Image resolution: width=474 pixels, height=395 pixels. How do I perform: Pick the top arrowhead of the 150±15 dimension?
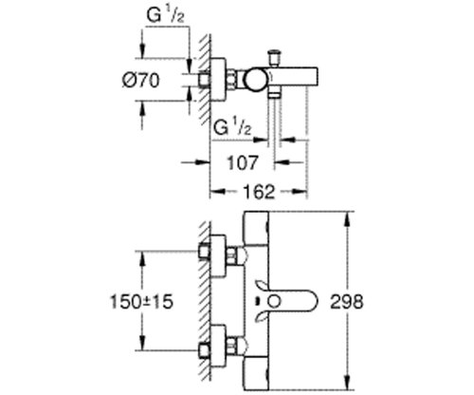pos(144,254)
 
